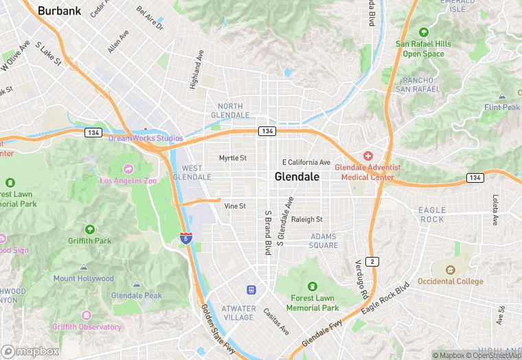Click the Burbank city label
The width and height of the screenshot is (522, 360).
[x=59, y=11]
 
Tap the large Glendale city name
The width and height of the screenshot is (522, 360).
[x=297, y=177]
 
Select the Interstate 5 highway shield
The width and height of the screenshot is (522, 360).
[x=186, y=238]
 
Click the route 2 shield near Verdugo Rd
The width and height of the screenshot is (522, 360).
[x=372, y=261]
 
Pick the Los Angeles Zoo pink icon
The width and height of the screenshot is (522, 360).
[x=128, y=168]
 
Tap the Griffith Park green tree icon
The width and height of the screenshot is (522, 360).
[x=89, y=229]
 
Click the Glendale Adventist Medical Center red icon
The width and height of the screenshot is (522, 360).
[x=368, y=156]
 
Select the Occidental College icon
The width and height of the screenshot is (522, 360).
[x=451, y=270]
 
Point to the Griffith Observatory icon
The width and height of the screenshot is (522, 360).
[x=87, y=315]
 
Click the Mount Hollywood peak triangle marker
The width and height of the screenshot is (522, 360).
[x=84, y=267]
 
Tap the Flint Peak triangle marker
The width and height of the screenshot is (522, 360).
[x=502, y=95]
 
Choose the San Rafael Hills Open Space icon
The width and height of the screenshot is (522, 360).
[x=423, y=32]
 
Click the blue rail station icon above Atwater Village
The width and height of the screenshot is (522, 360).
[x=252, y=291]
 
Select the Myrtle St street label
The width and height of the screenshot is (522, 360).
[x=232, y=158]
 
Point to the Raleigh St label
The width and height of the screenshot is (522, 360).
[x=306, y=220]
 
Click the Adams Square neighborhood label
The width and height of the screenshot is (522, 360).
[x=324, y=240]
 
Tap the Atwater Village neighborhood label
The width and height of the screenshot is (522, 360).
[x=238, y=313]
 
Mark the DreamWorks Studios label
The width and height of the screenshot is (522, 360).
[x=146, y=138]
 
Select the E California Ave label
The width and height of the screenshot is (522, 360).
[x=306, y=162]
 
